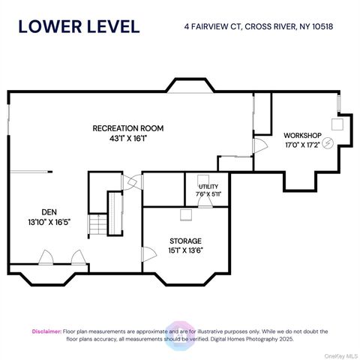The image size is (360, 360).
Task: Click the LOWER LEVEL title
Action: pos(79,26)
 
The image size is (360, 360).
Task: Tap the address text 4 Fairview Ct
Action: pos(212,26)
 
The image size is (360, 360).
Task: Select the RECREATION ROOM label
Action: pos(128,128)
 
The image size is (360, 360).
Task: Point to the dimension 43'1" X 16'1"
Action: pos(127,138)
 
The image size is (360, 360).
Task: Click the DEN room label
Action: pos(49,212)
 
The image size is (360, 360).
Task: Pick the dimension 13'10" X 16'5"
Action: pos(49,222)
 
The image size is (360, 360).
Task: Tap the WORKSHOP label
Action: pos(302,136)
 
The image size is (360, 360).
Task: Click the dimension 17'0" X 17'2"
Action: pos(302,145)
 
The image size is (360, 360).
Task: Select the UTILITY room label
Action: pos(208,187)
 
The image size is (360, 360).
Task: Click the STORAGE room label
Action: pos(185,241)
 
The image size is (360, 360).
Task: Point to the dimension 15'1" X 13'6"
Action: pos(185,250)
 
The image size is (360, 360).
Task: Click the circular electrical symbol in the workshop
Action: pos(328,143)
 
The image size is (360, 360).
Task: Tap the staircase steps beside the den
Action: pos(98,224)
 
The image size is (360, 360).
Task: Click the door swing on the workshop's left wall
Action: pos(260,145)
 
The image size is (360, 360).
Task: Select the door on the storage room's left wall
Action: pos(149,254)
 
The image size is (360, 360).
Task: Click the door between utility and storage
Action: pos(205,202)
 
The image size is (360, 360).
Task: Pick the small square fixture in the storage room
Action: pos(186,215)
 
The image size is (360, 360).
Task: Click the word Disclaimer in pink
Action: pos(46,331)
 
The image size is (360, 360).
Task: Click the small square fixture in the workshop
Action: pos(337,124)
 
